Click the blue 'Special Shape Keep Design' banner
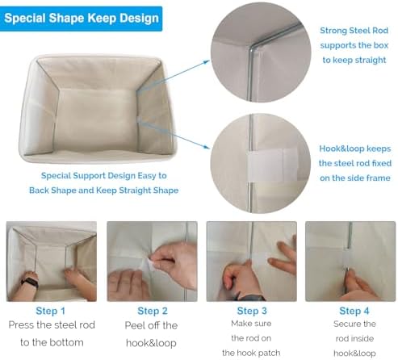[x=81, y=19]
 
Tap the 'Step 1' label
[x=51, y=311]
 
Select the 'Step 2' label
[x=153, y=311]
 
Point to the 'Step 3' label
[x=252, y=311]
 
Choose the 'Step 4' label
[x=354, y=311]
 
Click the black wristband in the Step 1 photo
[x=30, y=283]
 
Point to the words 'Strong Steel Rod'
[x=354, y=31]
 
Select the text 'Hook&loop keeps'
[x=355, y=149]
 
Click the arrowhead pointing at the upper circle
[x=207, y=62]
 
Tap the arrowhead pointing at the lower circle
[x=207, y=147]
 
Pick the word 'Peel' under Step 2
[x=134, y=325]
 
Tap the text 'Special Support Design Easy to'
[x=104, y=176]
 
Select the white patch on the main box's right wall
[x=139, y=119]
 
